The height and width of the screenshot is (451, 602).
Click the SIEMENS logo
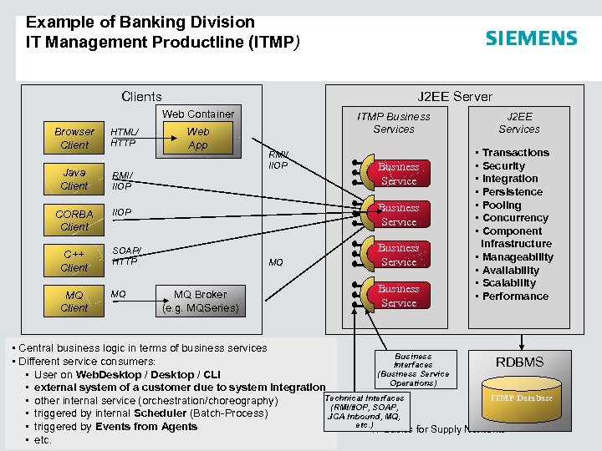[x=531, y=38]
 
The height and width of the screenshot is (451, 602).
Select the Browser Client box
[x=74, y=138]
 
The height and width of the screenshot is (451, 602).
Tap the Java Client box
[x=74, y=179]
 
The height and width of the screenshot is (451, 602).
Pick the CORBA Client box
[x=74, y=220]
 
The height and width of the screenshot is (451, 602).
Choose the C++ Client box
[x=74, y=261]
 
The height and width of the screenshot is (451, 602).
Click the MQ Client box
[x=74, y=302]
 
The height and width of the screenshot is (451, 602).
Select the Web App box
[x=198, y=139]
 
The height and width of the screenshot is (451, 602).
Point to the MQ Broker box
[x=200, y=301]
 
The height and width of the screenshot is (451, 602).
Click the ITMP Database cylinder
[x=520, y=398]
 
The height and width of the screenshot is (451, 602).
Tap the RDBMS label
[x=519, y=362]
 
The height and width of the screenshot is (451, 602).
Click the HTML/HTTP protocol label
[x=125, y=137]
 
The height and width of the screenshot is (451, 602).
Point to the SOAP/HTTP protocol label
[x=127, y=256]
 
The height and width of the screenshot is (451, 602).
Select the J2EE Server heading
[x=455, y=96]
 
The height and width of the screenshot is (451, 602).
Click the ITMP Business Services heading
[x=394, y=123]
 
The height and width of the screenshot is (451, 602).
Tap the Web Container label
[x=198, y=114]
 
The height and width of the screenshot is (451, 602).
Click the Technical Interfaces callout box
[x=364, y=411]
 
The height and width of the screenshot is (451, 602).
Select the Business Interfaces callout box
[x=413, y=369]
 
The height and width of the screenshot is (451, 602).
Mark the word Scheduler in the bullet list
[x=161, y=413]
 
